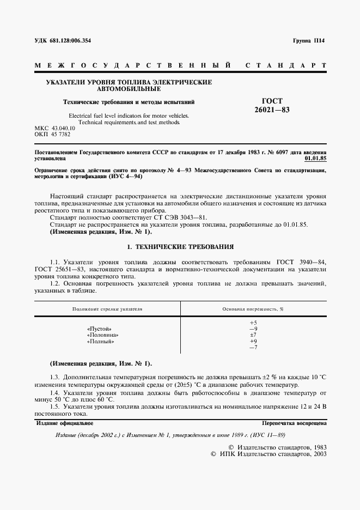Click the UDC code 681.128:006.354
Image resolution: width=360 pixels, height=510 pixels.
click(63, 41)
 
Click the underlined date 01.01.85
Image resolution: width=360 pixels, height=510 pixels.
click(315, 159)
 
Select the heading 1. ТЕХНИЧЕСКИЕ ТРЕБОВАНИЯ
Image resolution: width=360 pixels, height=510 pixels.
click(180, 246)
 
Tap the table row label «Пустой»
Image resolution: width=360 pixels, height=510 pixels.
click(99, 329)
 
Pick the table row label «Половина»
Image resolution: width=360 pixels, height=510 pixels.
click(102, 335)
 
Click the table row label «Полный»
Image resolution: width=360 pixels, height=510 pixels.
click(100, 342)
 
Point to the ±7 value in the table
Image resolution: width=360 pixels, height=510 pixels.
click(253, 335)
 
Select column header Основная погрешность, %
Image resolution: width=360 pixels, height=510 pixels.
click(253, 309)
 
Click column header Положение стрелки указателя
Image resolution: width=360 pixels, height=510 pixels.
click(107, 309)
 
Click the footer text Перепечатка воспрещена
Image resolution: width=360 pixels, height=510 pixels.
click(294, 422)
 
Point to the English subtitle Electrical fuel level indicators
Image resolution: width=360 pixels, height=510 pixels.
click(129, 116)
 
